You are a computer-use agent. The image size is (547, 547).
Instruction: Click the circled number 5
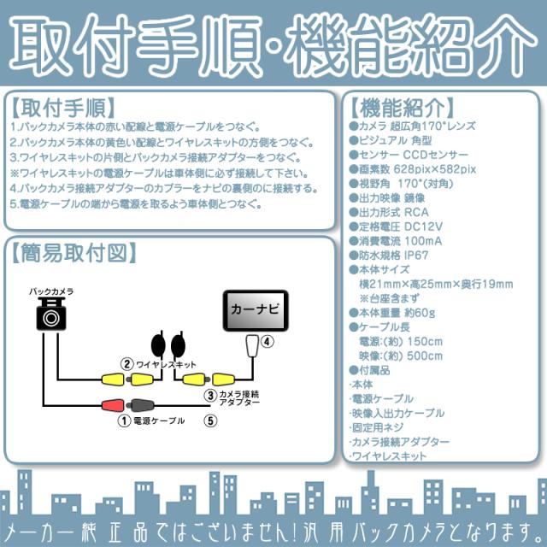(210, 420)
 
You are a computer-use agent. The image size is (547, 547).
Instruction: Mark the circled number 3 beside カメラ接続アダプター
(209, 395)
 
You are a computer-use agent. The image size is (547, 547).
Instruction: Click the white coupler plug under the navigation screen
(250, 345)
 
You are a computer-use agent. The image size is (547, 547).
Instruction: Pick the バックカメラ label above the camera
(50, 291)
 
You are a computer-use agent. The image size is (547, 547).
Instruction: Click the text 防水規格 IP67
(396, 255)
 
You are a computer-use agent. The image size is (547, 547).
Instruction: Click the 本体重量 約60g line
(397, 313)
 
